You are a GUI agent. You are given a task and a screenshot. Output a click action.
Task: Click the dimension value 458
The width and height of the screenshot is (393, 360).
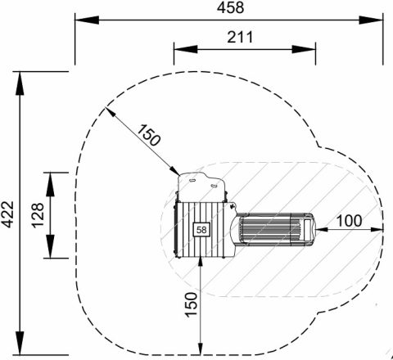[230, 7]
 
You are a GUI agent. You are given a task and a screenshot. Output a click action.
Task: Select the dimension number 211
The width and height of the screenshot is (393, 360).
[240, 38]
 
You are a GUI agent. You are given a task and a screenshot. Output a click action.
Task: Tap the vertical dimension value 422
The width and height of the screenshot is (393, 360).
[7, 214]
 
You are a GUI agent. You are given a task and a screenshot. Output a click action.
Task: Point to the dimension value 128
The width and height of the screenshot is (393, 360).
[38, 215]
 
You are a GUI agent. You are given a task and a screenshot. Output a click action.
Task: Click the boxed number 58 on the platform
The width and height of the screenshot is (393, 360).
[201, 230]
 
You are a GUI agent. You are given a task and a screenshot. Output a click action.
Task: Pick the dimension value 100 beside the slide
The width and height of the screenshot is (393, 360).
[349, 220]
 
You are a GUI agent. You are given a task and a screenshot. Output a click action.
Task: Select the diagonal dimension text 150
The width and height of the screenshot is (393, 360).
[149, 135]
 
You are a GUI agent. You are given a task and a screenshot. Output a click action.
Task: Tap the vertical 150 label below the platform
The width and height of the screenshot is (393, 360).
[191, 304]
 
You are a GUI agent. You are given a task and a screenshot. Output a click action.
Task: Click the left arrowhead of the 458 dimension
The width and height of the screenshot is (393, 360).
[87, 20]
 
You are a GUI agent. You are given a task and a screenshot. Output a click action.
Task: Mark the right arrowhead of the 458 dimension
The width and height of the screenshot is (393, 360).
[371, 20]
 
